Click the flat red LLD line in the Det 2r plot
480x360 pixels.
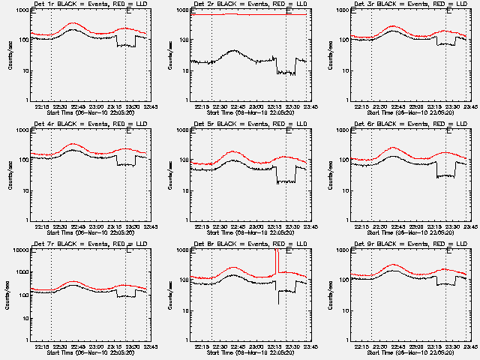pos(240,14)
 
